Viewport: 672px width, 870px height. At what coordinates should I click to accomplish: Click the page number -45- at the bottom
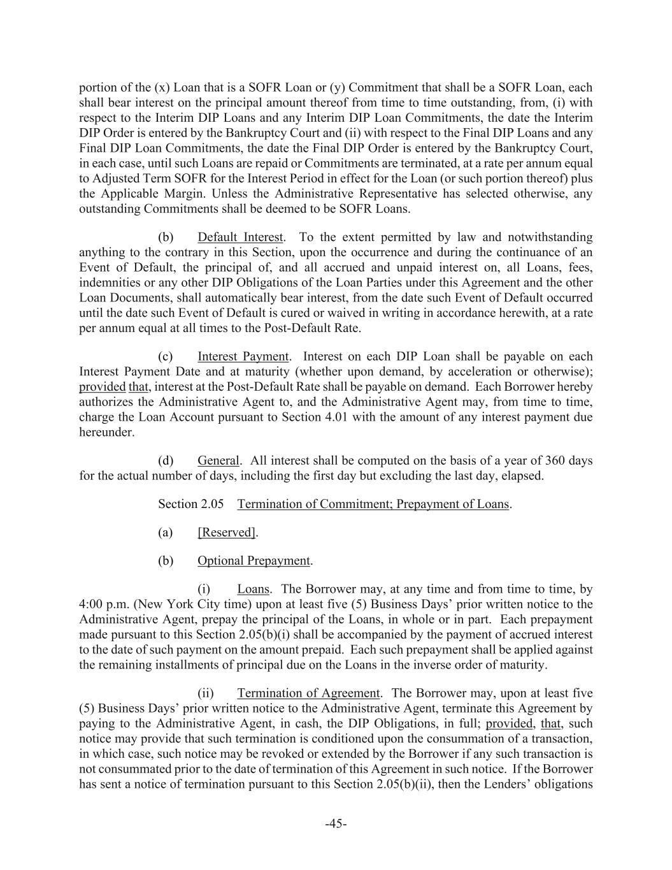(336, 824)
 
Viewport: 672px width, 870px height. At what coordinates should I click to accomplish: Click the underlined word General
(218, 460)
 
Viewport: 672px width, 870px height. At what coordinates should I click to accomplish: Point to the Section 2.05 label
(190, 504)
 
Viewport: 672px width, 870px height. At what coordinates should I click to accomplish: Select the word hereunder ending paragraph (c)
(106, 432)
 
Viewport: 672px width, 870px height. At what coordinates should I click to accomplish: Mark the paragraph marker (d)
(166, 460)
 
